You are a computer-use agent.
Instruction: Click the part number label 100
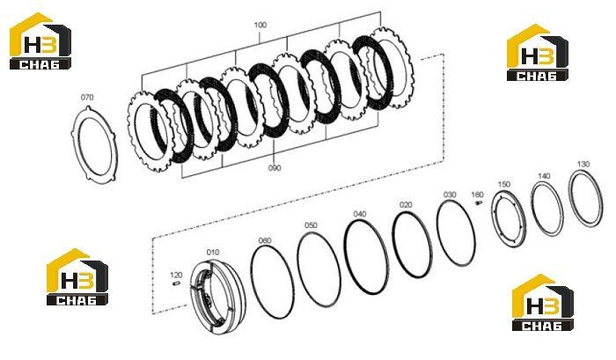tap(260, 26)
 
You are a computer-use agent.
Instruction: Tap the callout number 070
tap(87, 97)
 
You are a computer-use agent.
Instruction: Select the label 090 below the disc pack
tap(275, 168)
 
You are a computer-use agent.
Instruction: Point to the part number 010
tap(213, 252)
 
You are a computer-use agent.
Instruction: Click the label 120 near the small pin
tap(176, 275)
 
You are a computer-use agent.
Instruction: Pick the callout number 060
tap(265, 240)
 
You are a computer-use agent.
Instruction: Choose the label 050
tap(311, 225)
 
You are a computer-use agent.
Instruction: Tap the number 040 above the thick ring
tap(359, 214)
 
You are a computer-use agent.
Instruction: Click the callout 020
tap(406, 205)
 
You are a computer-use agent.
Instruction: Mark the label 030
tap(450, 195)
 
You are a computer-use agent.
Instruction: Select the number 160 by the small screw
tap(477, 195)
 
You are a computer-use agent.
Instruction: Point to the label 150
tap(503, 184)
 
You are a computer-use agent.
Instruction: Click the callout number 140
tap(544, 176)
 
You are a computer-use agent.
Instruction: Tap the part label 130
tap(583, 164)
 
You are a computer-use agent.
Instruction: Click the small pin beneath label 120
tap(176, 283)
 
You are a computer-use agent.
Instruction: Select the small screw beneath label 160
tap(478, 202)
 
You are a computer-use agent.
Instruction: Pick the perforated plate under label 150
tap(494, 217)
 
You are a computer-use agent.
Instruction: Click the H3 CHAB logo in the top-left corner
tap(40, 40)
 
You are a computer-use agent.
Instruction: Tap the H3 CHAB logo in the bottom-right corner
tap(543, 303)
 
